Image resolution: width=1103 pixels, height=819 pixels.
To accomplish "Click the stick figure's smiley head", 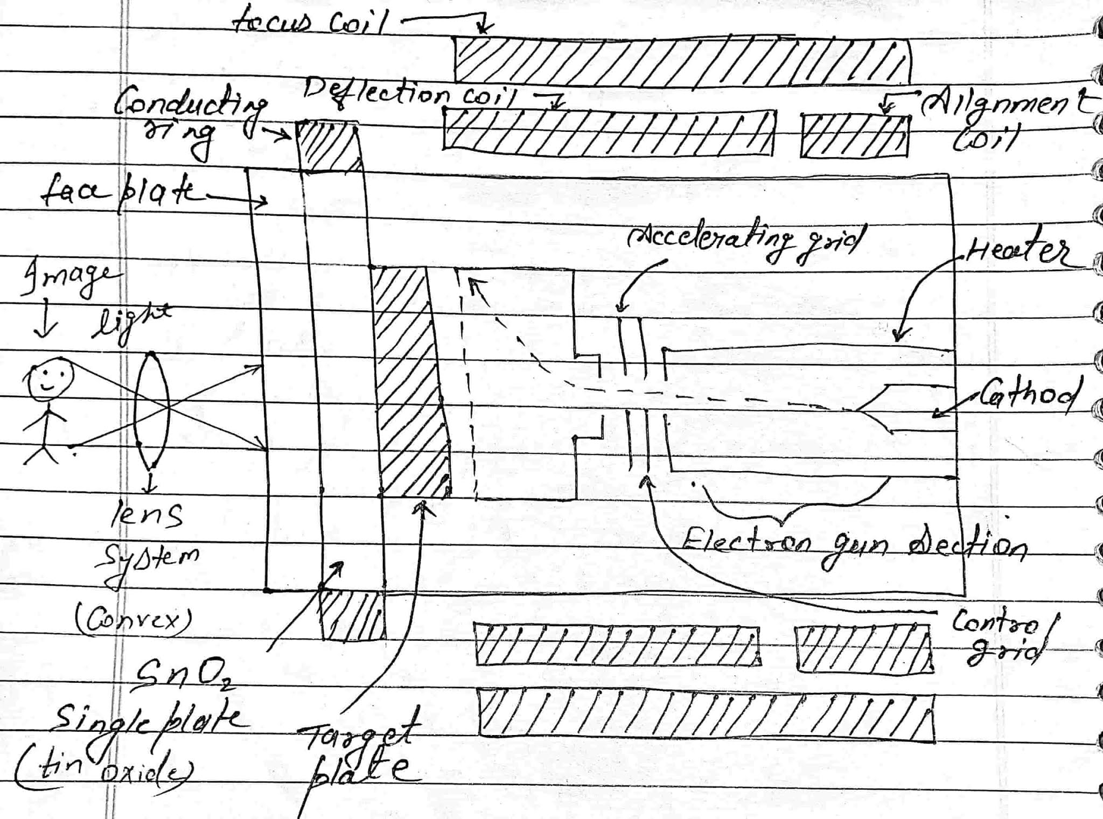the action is click(50, 379).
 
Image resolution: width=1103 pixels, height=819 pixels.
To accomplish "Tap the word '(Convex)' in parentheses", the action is click(132, 620).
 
